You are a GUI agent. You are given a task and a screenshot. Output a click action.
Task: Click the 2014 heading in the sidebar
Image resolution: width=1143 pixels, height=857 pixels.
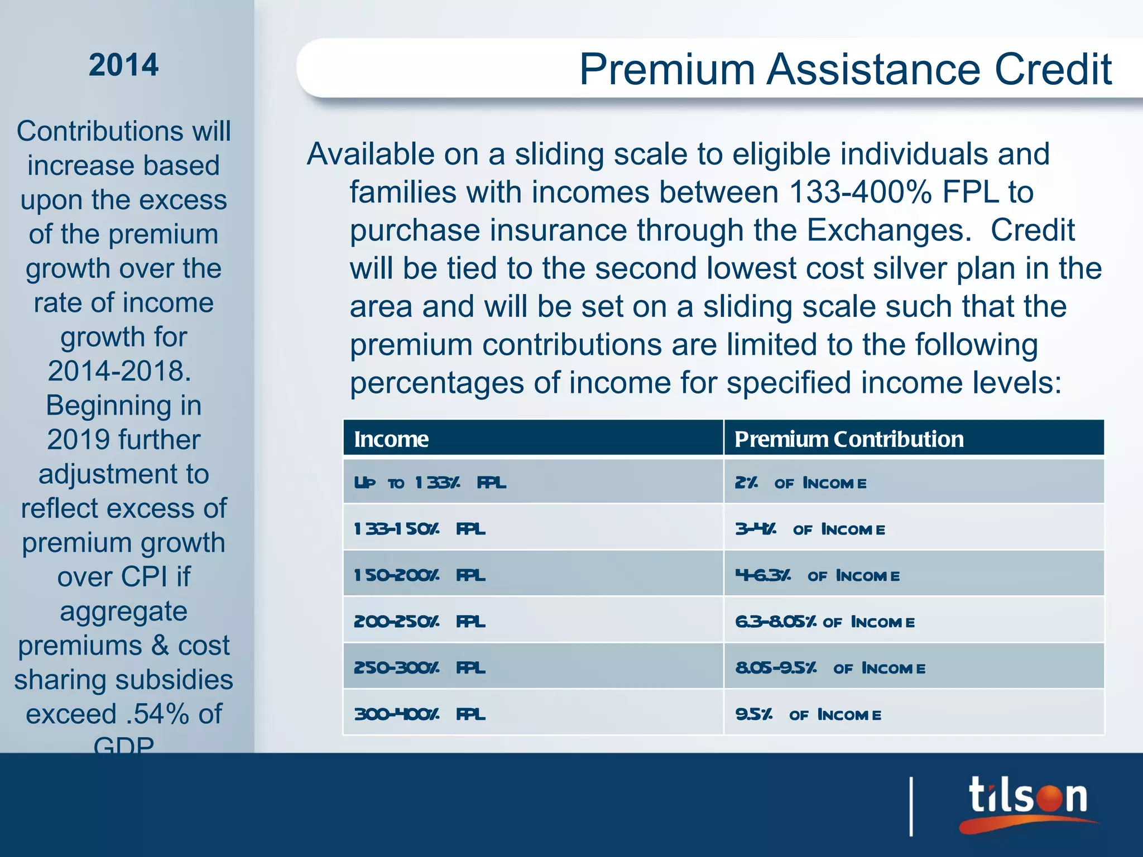tap(123, 65)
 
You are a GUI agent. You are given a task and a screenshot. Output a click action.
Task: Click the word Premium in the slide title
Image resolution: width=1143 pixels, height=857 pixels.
tap(667, 69)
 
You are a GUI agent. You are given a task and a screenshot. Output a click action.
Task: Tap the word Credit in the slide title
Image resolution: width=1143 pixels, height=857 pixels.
tap(1053, 69)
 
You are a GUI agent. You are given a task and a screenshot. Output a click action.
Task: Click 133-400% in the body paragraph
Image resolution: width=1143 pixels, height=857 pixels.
tap(860, 192)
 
